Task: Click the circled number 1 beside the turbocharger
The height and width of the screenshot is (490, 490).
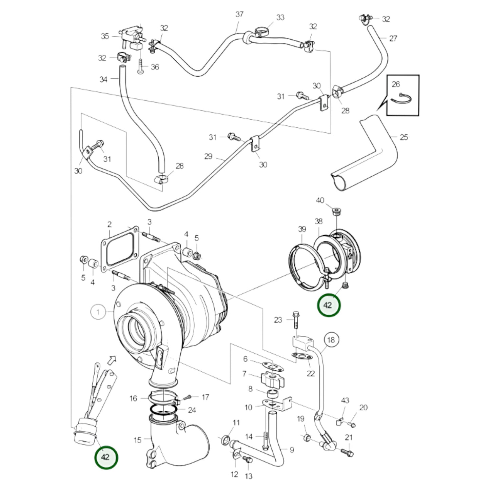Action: pos(98,311)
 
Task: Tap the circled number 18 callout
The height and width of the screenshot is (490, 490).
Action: pos(331,340)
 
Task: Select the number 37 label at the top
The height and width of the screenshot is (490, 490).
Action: pos(239,14)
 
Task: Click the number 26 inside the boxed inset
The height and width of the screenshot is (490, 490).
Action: pos(396,84)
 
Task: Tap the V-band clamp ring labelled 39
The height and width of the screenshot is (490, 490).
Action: pos(303,268)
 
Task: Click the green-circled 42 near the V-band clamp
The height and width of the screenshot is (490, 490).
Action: pos(328,305)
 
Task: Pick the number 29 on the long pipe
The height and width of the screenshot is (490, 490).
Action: pos(208,156)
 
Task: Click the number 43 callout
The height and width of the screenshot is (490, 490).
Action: pos(345,400)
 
